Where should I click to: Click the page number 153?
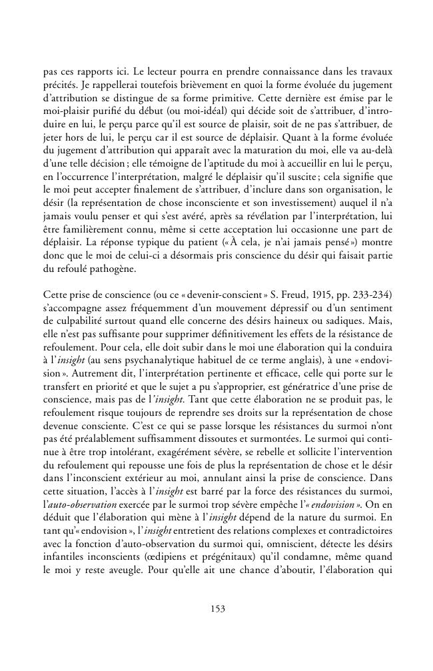click(x=217, y=607)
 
